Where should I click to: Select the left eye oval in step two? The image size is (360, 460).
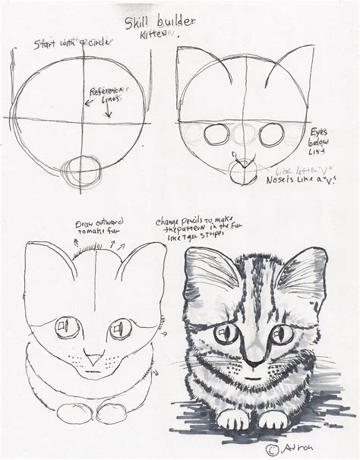click(x=218, y=134)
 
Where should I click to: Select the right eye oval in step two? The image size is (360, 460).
click(x=271, y=134)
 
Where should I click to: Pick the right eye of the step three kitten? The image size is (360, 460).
click(x=121, y=329)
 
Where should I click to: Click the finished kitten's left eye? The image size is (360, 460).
click(x=226, y=332)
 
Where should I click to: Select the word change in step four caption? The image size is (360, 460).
click(x=172, y=222)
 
